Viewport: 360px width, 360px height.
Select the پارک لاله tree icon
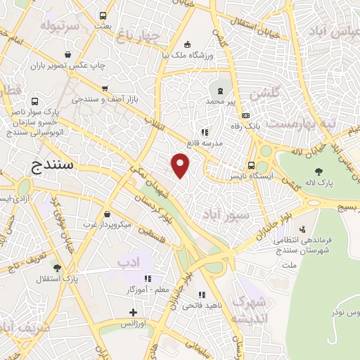click(319, 171)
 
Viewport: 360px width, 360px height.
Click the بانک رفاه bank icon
click(245, 116)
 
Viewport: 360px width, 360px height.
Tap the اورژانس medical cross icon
click(134, 311)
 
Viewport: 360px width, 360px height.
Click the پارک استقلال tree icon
click(56, 268)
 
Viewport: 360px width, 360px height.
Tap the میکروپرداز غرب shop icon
click(106, 214)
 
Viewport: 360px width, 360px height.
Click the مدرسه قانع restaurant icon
click(205, 132)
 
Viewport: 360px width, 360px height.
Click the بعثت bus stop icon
click(103, 15)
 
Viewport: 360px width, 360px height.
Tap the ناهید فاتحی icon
click(202, 295)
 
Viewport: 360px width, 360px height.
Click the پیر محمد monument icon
click(221, 90)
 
